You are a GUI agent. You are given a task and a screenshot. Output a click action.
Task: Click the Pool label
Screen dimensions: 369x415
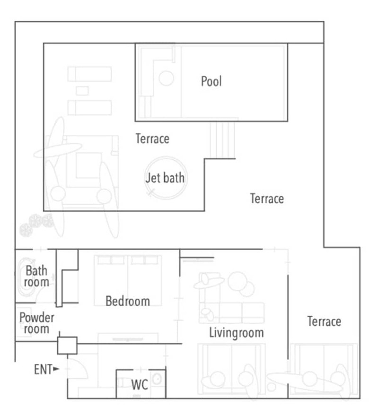[x=211, y=81]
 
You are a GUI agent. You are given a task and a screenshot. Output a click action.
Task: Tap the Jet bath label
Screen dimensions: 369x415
[x=165, y=178]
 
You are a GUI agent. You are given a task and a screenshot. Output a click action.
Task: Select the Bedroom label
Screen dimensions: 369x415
[x=128, y=301]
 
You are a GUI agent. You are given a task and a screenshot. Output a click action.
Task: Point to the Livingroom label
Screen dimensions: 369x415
[x=236, y=332]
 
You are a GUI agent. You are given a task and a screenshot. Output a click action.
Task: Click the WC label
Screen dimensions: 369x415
[x=140, y=385]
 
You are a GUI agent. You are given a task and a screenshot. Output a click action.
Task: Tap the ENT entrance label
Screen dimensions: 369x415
[x=43, y=370]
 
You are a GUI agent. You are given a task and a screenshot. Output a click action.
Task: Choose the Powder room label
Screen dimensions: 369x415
[x=36, y=323]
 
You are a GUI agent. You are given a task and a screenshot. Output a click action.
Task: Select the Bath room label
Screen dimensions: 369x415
[x=36, y=277]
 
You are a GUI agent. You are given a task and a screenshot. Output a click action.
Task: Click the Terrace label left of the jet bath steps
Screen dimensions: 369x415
[x=152, y=138]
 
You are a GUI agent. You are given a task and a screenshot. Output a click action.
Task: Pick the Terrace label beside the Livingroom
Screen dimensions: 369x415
[x=324, y=321]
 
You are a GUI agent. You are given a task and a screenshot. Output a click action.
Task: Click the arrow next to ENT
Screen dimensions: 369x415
[x=56, y=369]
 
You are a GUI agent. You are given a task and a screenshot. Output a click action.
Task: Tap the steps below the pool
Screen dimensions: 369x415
[x=222, y=140]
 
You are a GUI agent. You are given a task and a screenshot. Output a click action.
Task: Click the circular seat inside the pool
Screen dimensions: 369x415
[x=167, y=78]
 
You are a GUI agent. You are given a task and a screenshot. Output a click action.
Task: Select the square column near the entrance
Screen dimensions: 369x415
[x=67, y=346]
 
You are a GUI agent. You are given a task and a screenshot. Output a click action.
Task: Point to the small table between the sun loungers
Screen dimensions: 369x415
[x=82, y=91]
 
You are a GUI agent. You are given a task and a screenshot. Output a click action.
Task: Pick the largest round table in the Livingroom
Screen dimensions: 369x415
[x=238, y=281]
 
